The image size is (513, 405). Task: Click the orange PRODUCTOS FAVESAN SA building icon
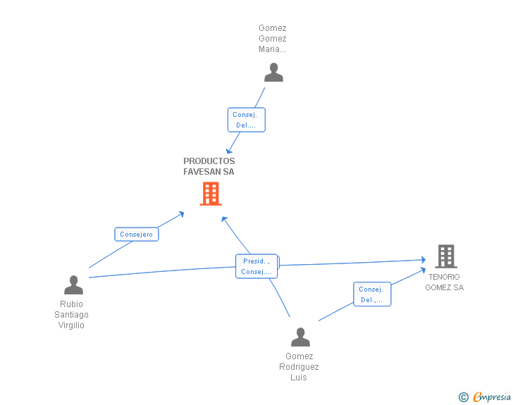pyautogui.click(x=211, y=194)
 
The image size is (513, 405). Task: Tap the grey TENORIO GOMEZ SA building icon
pyautogui.click(x=445, y=256)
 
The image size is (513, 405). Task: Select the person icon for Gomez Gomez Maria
pyautogui.click(x=273, y=72)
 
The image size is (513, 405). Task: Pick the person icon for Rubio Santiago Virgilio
pyautogui.click(x=73, y=285)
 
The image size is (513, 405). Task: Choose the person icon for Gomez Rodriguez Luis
pyautogui.click(x=300, y=337)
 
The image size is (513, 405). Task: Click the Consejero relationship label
pyautogui.click(x=136, y=235)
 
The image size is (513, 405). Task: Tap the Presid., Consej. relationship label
pyautogui.click(x=256, y=266)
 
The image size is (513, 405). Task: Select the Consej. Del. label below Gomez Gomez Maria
pyautogui.click(x=246, y=120)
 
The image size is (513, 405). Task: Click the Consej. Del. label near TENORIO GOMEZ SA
pyautogui.click(x=371, y=294)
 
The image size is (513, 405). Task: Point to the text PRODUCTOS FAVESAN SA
pyautogui.click(x=209, y=166)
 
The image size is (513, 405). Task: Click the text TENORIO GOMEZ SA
pyautogui.click(x=445, y=282)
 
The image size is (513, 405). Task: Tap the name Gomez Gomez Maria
pyautogui.click(x=273, y=39)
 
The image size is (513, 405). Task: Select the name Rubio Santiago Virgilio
pyautogui.click(x=72, y=315)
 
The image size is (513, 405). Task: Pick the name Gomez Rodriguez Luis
pyautogui.click(x=299, y=367)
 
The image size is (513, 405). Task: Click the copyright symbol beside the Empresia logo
pyautogui.click(x=463, y=397)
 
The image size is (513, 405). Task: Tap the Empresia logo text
pyautogui.click(x=492, y=397)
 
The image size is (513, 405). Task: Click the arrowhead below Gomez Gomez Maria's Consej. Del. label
pyautogui.click(x=228, y=151)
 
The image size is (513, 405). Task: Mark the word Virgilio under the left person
pyautogui.click(x=71, y=325)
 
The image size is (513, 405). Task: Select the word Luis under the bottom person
pyautogui.click(x=299, y=378)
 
